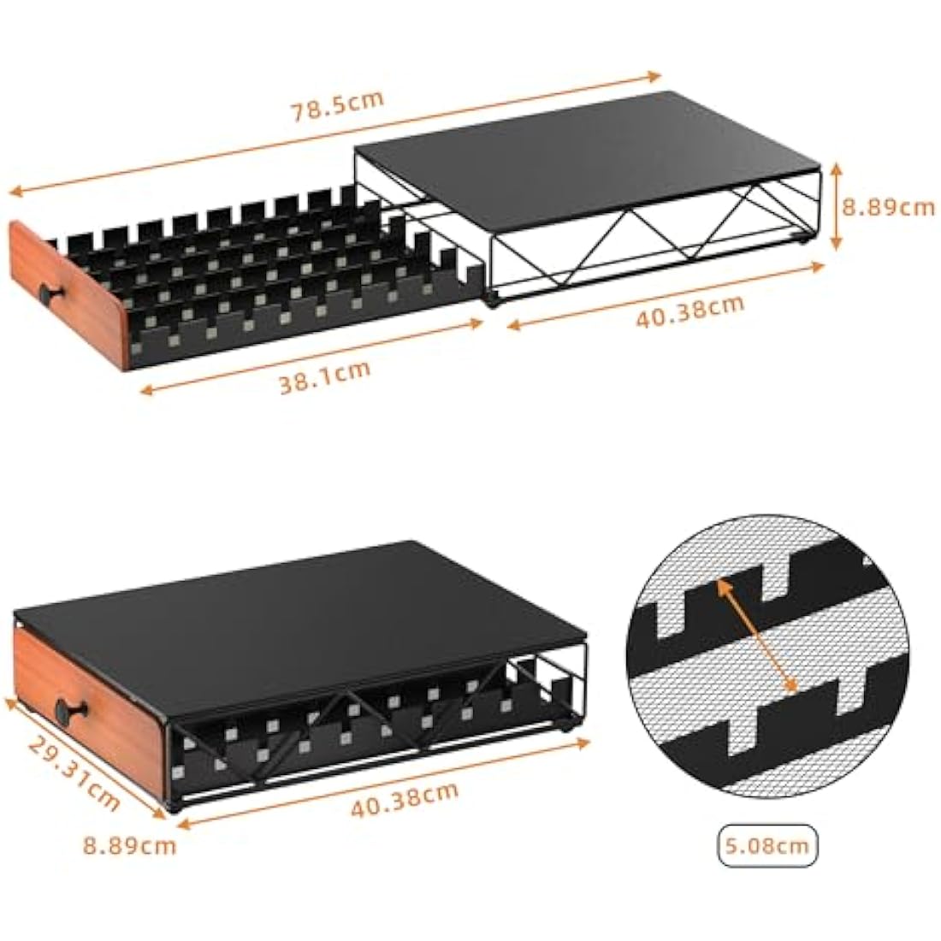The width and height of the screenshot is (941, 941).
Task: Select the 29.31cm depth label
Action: [x=73, y=772]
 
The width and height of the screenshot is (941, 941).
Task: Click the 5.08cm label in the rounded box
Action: [x=767, y=846]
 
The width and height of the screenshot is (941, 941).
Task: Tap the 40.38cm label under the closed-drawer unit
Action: [x=405, y=800]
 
